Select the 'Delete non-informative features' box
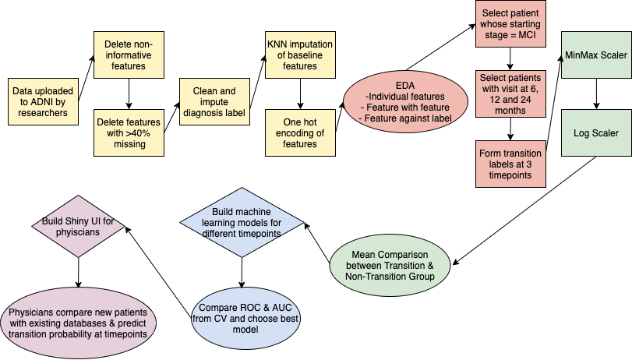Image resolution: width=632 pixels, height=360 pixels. coord(129,51)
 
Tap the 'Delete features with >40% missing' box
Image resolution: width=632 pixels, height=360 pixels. coord(129,132)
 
